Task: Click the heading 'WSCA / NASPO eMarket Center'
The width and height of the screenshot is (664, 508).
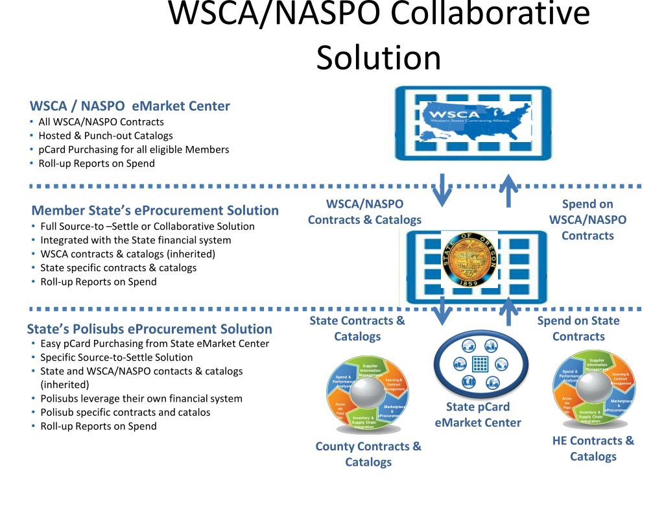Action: pyautogui.click(x=130, y=106)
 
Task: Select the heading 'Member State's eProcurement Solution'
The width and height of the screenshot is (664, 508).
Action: pyautogui.click(x=155, y=210)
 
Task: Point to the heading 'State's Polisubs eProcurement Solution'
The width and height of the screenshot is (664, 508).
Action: pyautogui.click(x=150, y=328)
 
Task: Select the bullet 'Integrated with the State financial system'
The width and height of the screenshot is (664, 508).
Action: pyautogui.click(x=136, y=240)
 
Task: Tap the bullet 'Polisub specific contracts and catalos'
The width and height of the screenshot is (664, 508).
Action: pyautogui.click(x=125, y=412)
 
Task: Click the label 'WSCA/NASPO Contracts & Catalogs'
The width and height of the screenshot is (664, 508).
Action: pyautogui.click(x=364, y=212)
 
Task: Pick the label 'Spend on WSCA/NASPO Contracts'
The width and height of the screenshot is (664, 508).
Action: pyautogui.click(x=587, y=220)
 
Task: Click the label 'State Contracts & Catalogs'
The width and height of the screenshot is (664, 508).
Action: pyautogui.click(x=357, y=328)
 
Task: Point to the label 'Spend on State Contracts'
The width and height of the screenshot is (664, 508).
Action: pyautogui.click(x=578, y=328)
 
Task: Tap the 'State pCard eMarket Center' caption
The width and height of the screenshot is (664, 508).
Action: pyautogui.click(x=478, y=415)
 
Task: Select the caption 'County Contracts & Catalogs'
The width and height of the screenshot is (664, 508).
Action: pyautogui.click(x=368, y=454)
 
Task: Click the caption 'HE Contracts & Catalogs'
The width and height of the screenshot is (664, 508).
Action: pyautogui.click(x=593, y=448)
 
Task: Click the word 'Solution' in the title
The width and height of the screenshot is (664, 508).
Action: pyautogui.click(x=379, y=57)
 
